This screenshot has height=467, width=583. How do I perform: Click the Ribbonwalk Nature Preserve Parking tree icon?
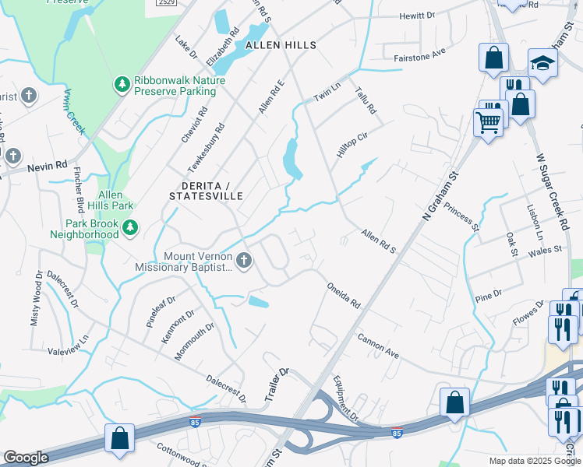tap(122, 84)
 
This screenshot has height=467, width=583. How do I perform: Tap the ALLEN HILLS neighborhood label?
tap(281, 45)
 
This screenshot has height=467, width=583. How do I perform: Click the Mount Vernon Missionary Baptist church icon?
tap(244, 261)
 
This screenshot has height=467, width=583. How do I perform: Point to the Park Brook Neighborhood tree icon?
tap(130, 227)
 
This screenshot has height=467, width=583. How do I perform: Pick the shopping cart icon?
tap(488, 122)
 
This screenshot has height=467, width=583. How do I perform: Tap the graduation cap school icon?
tap(542, 63)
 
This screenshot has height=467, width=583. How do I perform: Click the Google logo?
tap(26, 458)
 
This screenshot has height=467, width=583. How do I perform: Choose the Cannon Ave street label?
tap(378, 346)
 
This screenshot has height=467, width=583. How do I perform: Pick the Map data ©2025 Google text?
tap(535, 461)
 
